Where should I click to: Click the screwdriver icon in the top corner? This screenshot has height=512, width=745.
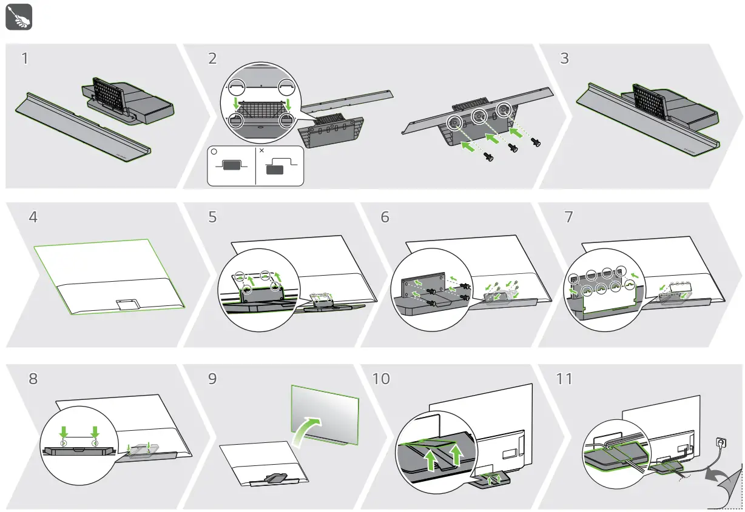(x=18, y=18)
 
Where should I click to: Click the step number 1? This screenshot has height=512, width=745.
(x=24, y=59)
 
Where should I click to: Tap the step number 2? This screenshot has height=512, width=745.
(x=212, y=59)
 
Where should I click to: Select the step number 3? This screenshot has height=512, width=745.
(x=565, y=59)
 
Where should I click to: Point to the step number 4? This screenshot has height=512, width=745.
(x=33, y=217)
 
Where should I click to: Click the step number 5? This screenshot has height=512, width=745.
(x=212, y=217)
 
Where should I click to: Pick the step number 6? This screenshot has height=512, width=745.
(x=385, y=217)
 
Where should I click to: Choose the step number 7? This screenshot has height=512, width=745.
(x=568, y=217)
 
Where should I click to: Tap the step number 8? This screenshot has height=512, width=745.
(x=33, y=379)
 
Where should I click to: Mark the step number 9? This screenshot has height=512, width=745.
(x=212, y=379)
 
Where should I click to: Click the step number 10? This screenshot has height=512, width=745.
(x=382, y=379)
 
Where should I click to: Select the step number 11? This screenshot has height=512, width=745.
(x=564, y=379)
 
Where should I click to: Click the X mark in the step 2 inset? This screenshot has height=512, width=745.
(x=261, y=150)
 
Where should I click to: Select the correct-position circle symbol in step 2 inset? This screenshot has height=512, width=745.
(x=214, y=152)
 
